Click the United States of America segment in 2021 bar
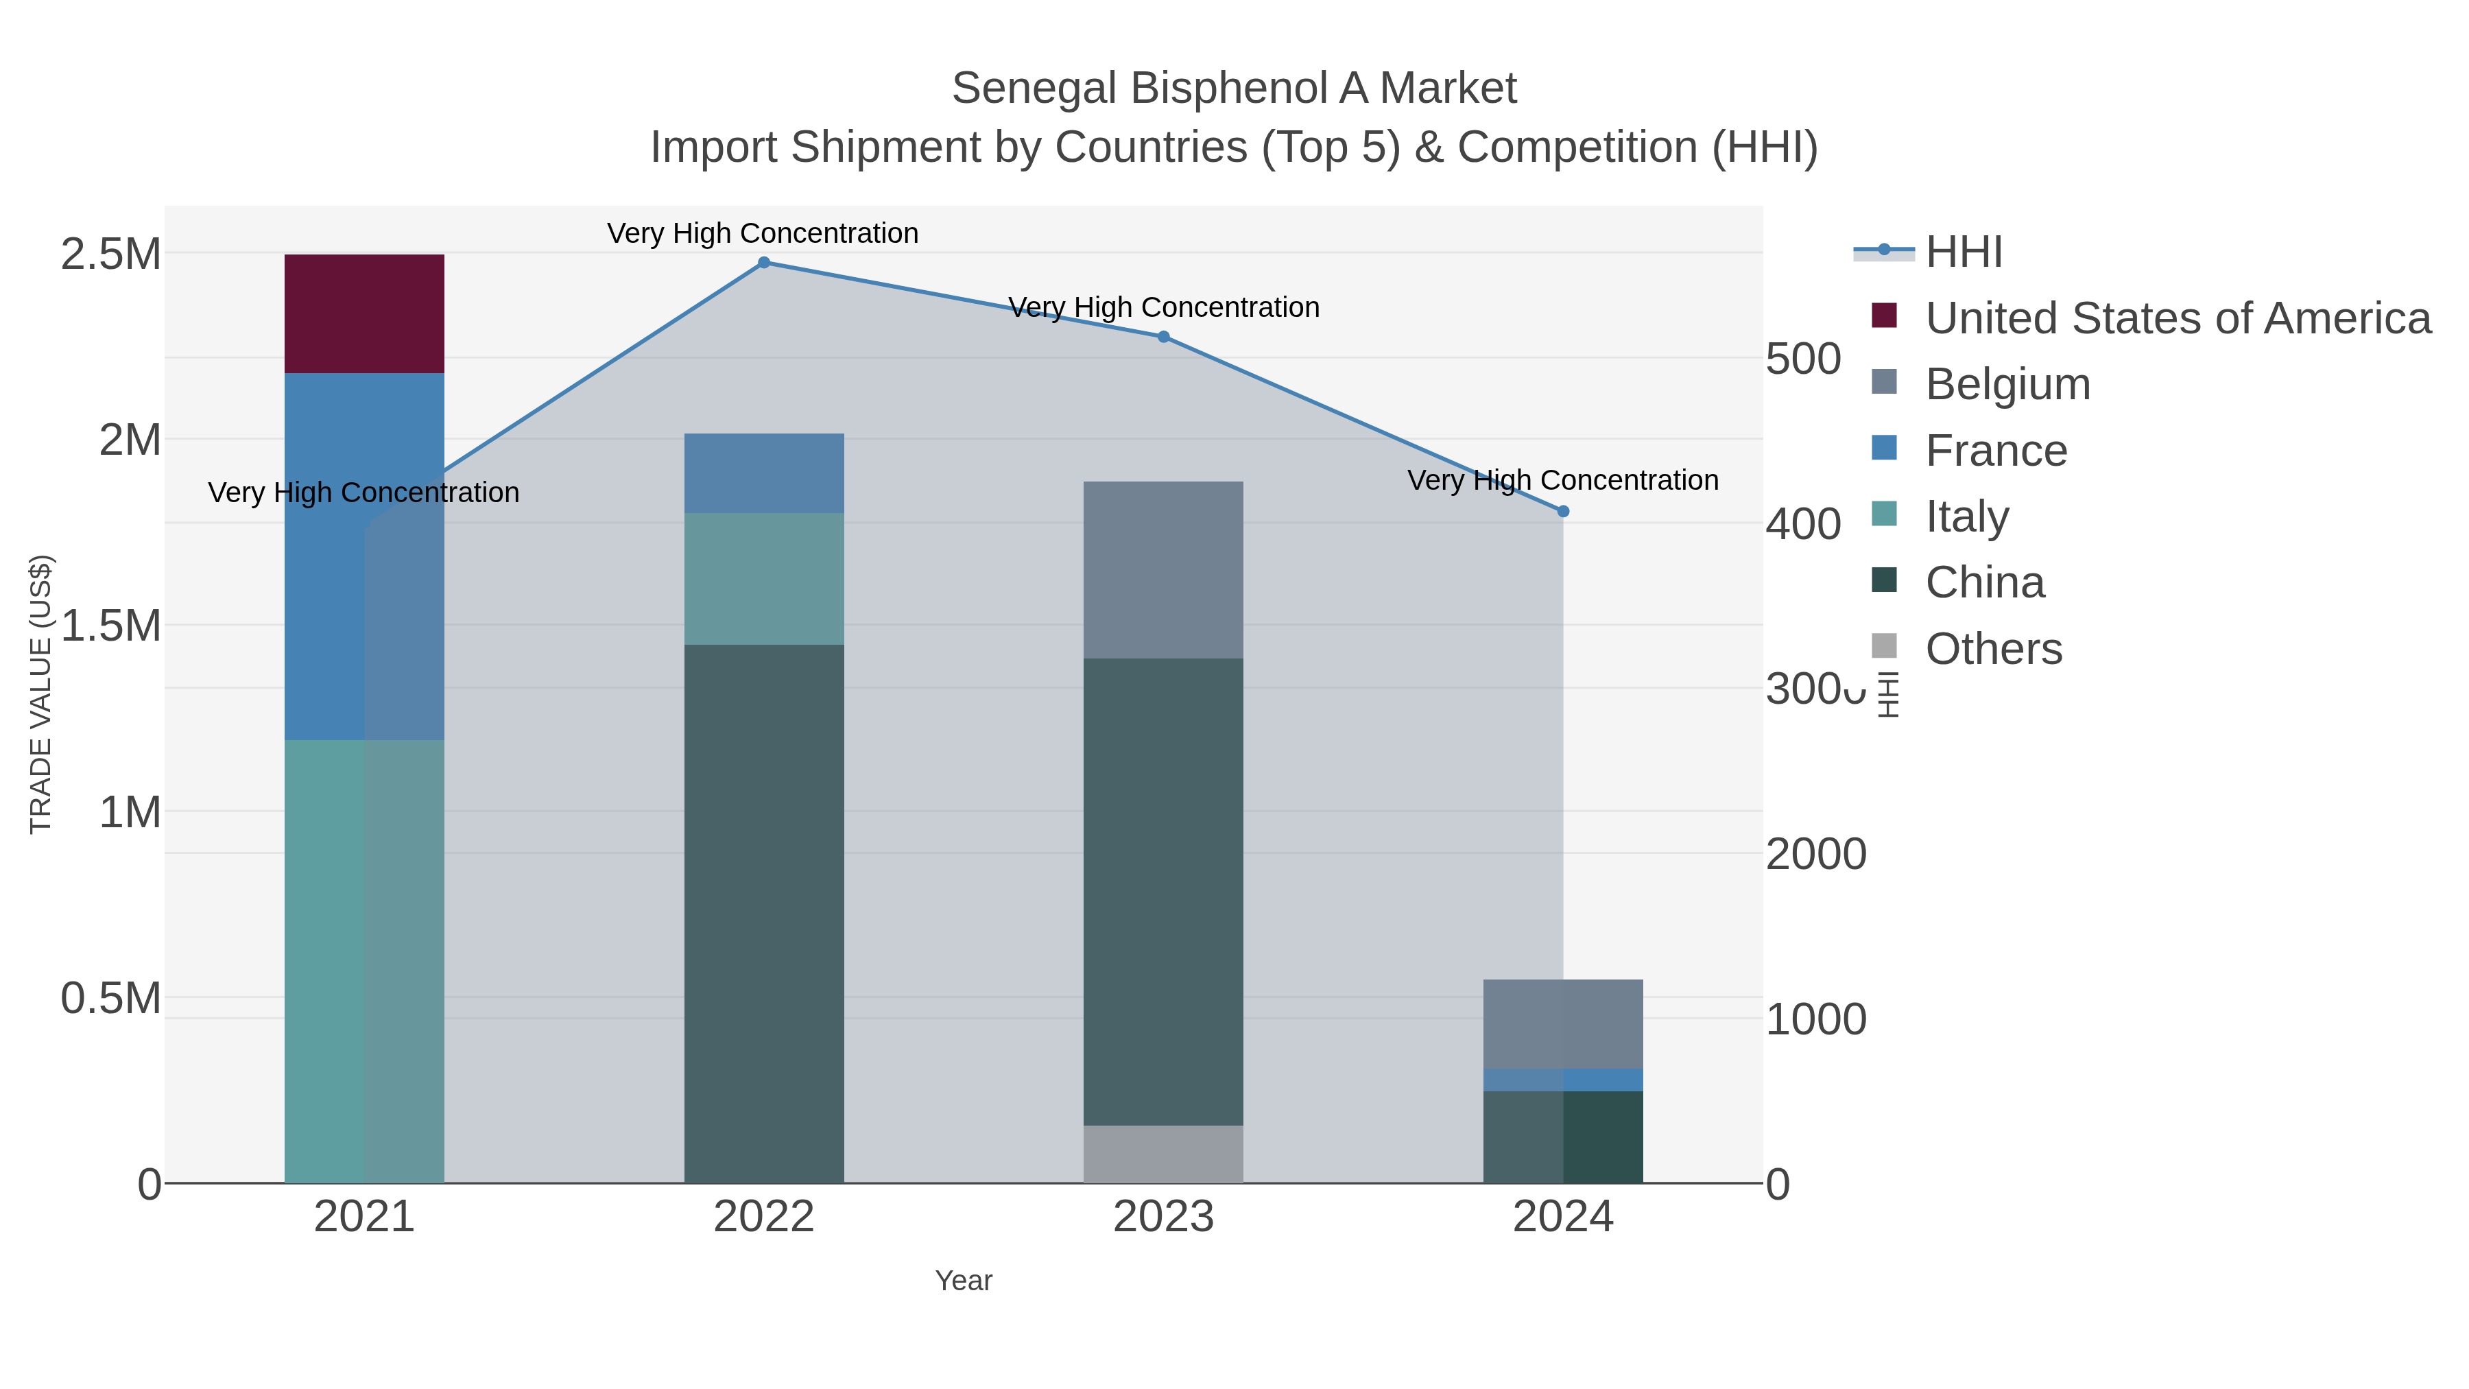point(364,313)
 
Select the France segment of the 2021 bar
point(364,556)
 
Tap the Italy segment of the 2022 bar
point(764,578)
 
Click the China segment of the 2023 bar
point(1162,892)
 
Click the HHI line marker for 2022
point(764,263)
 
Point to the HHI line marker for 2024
point(1563,512)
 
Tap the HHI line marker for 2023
point(1164,337)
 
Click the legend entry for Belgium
point(2007,384)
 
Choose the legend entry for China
point(1984,583)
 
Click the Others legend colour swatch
point(1883,647)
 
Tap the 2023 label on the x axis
point(1162,1218)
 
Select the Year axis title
point(964,1281)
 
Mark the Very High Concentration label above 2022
point(763,233)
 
